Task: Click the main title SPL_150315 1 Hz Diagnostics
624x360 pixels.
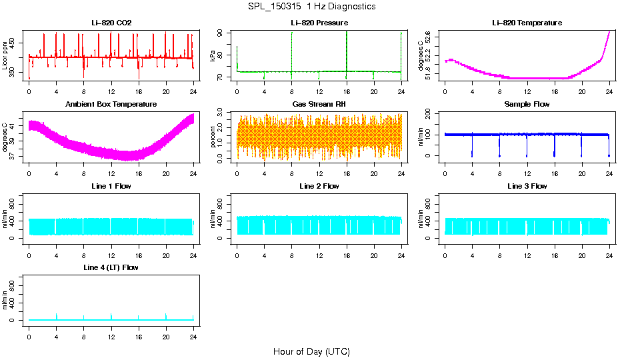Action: (x=311, y=7)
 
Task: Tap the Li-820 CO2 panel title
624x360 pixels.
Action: (x=111, y=23)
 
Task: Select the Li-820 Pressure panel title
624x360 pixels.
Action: (x=319, y=23)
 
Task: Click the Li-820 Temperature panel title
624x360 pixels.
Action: (x=527, y=23)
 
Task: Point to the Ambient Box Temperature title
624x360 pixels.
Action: (x=111, y=105)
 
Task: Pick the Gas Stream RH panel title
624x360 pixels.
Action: (x=319, y=105)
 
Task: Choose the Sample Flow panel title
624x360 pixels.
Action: (x=527, y=105)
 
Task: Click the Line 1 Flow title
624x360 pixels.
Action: (x=111, y=186)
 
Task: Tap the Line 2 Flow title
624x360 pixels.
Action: (x=319, y=186)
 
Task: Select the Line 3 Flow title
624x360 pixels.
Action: (x=527, y=186)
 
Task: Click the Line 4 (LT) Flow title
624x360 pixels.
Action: (x=111, y=267)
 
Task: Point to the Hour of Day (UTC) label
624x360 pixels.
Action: (x=311, y=351)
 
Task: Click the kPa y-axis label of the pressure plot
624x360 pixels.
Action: (x=213, y=56)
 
